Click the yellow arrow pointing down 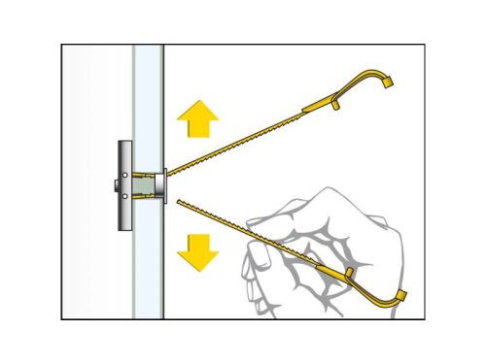197,251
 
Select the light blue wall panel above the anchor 148,97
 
